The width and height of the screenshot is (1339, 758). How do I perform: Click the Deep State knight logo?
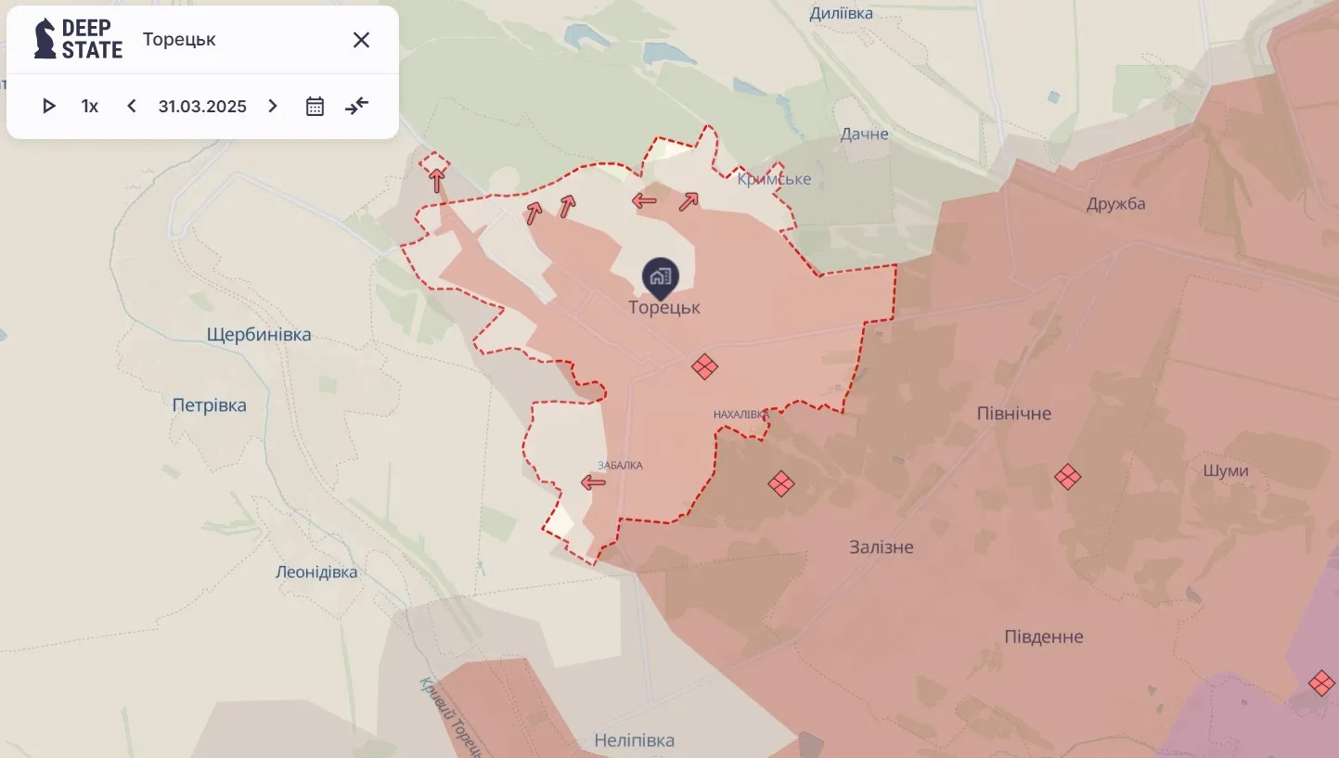point(45,39)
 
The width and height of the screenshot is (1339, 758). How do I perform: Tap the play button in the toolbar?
point(49,106)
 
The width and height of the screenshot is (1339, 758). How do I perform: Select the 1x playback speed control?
point(90,106)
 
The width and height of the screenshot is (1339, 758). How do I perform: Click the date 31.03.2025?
point(202,106)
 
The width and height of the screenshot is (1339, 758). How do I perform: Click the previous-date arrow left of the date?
point(132,106)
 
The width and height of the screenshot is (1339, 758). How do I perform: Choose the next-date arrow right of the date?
point(273,106)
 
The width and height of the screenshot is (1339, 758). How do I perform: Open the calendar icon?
point(315,106)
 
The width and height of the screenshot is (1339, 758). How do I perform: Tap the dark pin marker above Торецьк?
point(661,276)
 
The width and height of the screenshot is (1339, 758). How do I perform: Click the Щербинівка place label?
point(259,335)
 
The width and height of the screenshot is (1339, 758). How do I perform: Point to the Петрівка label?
point(210,405)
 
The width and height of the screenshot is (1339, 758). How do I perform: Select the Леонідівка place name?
point(316,572)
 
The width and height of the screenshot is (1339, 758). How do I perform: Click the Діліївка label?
point(842,13)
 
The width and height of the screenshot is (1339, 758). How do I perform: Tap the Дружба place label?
point(1116,204)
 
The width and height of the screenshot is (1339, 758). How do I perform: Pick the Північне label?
point(1014,414)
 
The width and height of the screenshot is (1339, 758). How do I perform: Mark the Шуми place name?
point(1226,471)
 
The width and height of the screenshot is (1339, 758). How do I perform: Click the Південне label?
point(1044,637)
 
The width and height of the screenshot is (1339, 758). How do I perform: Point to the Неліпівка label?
point(635,741)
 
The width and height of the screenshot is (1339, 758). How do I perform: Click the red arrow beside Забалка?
point(593,482)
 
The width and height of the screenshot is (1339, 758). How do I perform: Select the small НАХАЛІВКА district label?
point(741,414)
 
